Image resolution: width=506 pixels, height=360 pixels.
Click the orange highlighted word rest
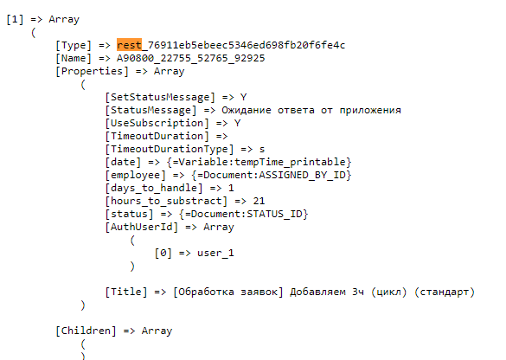(129, 45)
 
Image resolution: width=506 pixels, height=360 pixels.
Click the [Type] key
(74, 45)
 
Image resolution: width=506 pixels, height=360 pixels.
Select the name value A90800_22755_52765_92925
(190, 59)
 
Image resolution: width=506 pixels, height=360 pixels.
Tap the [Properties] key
(92, 71)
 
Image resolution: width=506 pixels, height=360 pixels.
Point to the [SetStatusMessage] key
(160, 97)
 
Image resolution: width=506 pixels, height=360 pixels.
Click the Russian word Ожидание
(247, 111)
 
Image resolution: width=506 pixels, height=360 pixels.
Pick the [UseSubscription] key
(157, 124)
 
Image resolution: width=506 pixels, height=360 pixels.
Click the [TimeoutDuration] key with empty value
(157, 136)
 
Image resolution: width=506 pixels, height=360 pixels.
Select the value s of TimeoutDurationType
(262, 150)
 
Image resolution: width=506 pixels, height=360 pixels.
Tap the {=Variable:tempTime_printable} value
(259, 162)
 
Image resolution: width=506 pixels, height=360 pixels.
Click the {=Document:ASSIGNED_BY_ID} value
(272, 175)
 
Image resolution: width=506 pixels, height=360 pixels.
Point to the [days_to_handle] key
(154, 188)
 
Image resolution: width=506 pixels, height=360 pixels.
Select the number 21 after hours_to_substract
(259, 201)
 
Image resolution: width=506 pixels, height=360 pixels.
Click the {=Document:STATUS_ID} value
(244, 214)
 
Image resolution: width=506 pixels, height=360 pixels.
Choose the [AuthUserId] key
(142, 227)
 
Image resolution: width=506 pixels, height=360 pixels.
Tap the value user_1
(215, 253)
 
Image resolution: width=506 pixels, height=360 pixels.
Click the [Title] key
(126, 292)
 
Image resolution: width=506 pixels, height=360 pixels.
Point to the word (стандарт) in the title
(445, 292)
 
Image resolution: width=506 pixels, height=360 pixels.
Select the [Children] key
(86, 331)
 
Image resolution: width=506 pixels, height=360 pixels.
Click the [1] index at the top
(15, 19)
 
